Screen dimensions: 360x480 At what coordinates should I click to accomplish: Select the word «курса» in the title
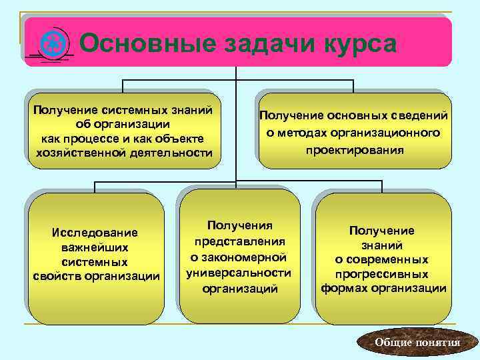tap(360, 44)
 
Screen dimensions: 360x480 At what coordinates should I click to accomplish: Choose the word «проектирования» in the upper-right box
tap(355, 150)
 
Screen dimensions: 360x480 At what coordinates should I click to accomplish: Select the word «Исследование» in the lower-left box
tap(94, 232)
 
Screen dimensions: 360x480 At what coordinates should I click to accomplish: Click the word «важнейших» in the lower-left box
tap(94, 247)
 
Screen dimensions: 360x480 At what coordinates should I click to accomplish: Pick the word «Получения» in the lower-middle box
tap(240, 226)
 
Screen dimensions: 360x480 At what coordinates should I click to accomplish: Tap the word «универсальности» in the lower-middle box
tap(239, 272)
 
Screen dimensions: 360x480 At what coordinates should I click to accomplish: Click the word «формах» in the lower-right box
tap(346, 289)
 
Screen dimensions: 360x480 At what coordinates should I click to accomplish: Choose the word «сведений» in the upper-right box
tap(420, 117)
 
